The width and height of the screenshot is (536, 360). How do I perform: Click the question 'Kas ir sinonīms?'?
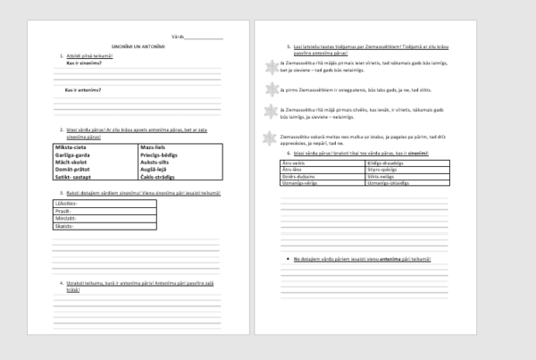point(83,63)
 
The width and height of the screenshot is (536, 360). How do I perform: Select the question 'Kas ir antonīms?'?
point(83,90)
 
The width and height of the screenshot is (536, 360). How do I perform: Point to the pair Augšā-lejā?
point(155,171)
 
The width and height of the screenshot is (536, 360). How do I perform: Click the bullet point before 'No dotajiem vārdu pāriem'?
point(285,258)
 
